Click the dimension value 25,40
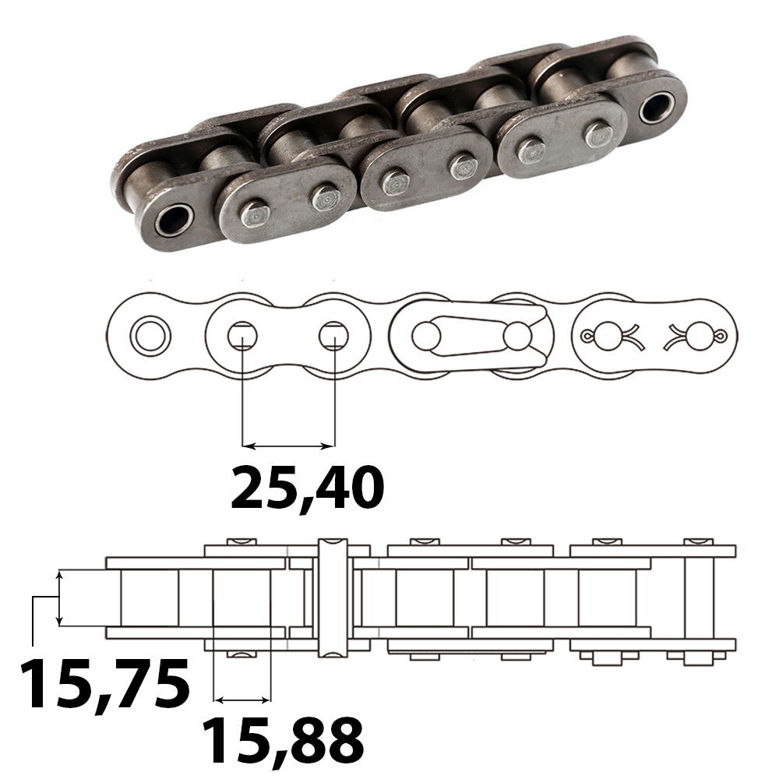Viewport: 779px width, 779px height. tap(307, 488)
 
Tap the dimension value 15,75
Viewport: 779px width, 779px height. tap(104, 684)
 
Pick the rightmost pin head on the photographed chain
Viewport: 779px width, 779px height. tap(598, 135)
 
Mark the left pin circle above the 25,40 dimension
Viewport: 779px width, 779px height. tap(242, 337)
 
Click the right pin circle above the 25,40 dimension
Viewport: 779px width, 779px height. tap(333, 337)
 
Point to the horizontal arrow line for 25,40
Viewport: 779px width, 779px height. tap(288, 446)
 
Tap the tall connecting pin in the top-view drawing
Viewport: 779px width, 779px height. tap(333, 596)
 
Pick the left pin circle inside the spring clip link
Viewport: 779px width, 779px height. tap(425, 337)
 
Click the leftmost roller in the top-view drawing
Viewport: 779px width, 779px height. tap(150, 597)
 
